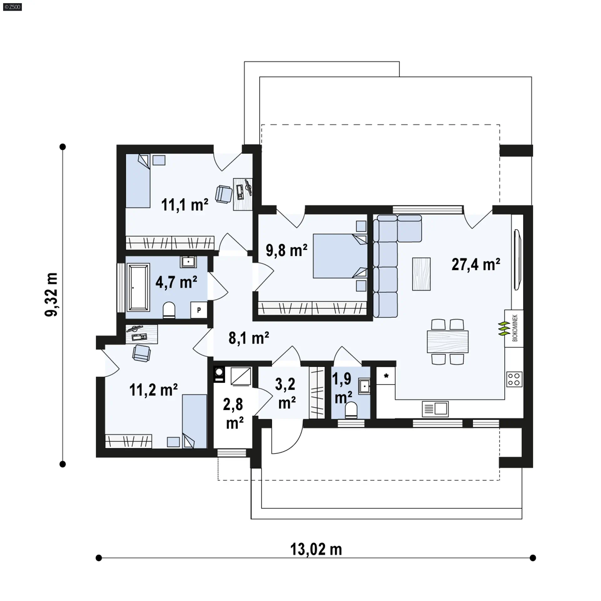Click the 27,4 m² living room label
click(475, 265)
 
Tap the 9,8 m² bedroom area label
click(286, 250)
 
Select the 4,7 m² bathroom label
click(176, 282)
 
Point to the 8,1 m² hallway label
click(249, 338)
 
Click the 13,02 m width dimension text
click(316, 549)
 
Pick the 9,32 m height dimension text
click(51, 295)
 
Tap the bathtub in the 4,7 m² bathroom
click(137, 288)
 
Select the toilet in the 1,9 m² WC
click(351, 410)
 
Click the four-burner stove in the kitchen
click(514, 379)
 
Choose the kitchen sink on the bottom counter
click(435, 409)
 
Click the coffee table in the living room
click(421, 274)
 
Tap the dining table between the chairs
click(448, 342)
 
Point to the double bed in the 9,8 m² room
click(340, 256)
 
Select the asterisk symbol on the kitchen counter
click(386, 376)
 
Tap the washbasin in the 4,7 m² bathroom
click(188, 262)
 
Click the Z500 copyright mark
click(13, 7)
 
